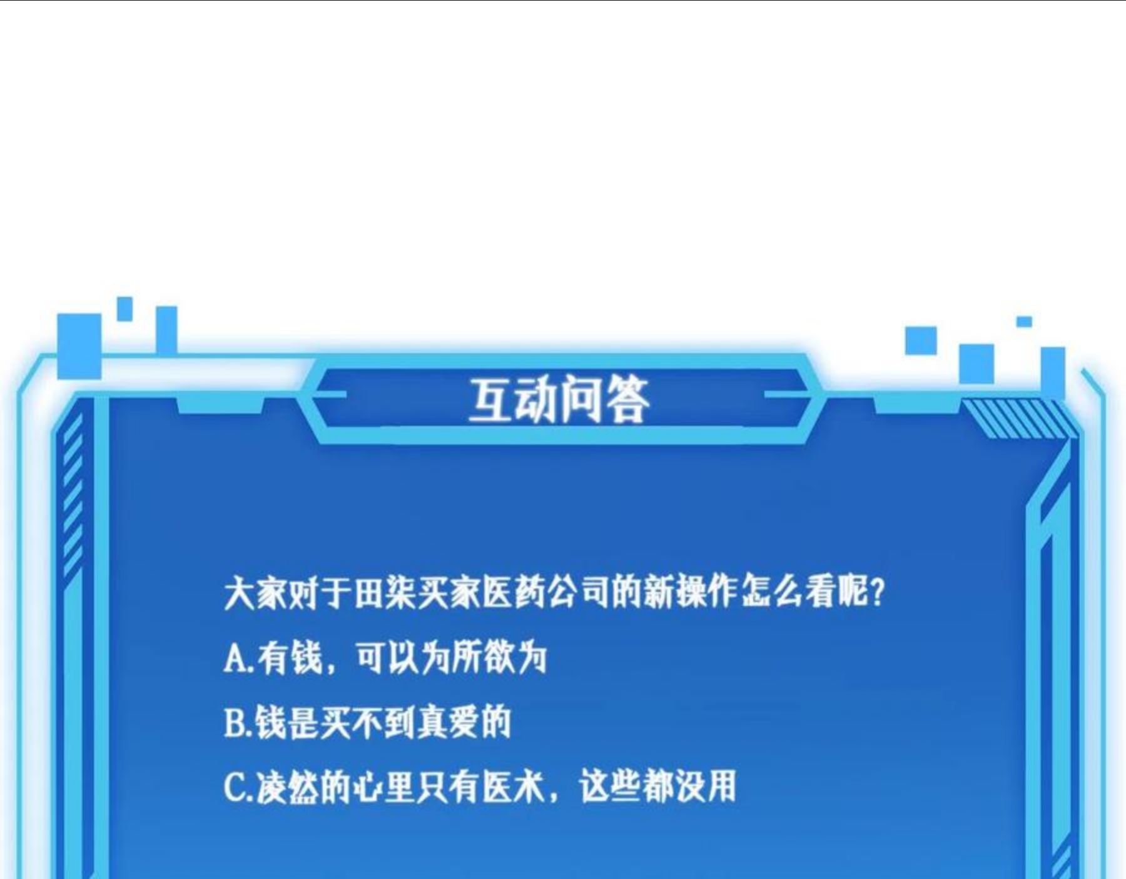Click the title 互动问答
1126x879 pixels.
tap(559, 400)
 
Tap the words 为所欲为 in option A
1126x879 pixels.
tap(484, 658)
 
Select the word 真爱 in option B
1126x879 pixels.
tap(447, 723)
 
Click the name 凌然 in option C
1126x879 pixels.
tap(287, 788)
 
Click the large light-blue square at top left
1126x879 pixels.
tap(79, 346)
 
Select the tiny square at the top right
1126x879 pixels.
tap(1024, 321)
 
